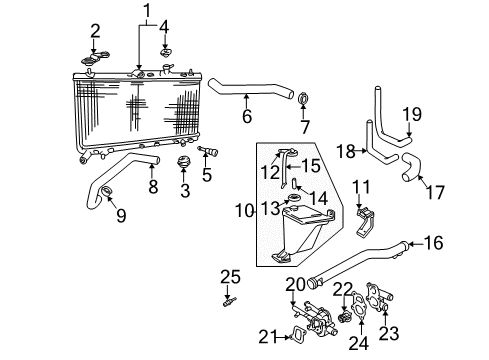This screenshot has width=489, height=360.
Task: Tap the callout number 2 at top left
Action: click(95, 30)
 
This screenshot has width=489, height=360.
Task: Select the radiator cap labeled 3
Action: click(183, 163)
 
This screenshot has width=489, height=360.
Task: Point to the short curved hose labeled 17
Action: click(409, 177)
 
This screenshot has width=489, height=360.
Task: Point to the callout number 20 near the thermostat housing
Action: click(295, 283)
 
